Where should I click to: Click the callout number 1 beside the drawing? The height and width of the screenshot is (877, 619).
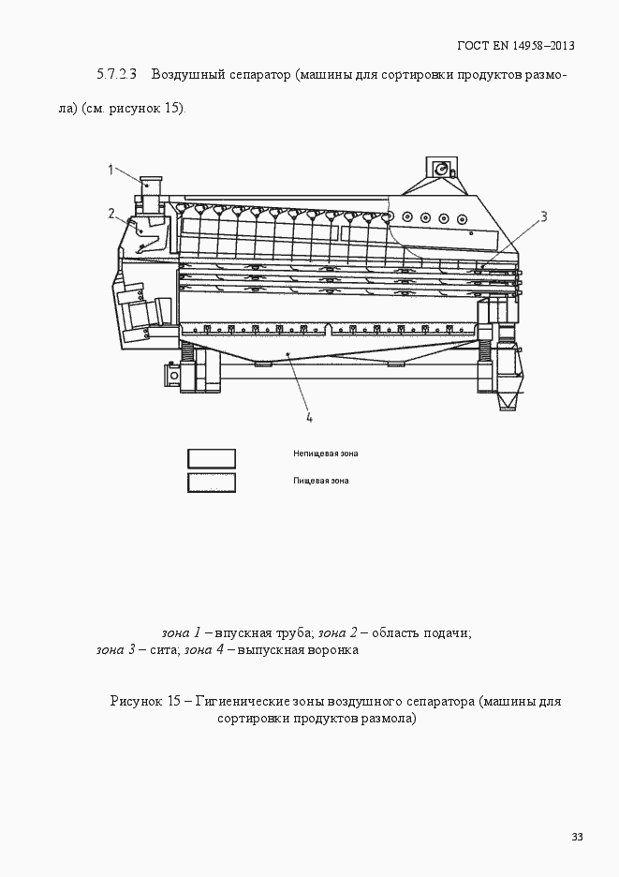point(111,170)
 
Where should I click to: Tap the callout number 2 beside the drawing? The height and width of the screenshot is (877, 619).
point(111,214)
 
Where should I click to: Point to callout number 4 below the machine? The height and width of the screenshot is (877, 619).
point(309,417)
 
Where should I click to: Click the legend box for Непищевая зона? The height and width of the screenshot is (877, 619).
point(212,458)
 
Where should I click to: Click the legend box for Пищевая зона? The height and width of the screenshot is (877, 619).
point(212,483)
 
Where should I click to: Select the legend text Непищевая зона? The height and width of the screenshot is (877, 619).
point(325,454)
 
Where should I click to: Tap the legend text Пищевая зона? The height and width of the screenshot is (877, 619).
point(320,481)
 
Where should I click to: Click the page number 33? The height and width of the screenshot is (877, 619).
point(577,837)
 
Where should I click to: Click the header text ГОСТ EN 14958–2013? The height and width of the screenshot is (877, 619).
point(515,45)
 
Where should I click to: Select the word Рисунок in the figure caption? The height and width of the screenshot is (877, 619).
point(137,701)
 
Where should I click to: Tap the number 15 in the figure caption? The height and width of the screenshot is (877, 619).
point(176,701)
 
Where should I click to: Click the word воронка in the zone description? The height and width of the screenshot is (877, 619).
point(334,649)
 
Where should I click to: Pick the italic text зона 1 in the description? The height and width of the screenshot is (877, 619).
point(181,632)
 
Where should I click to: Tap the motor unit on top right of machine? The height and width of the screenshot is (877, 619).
point(440,170)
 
